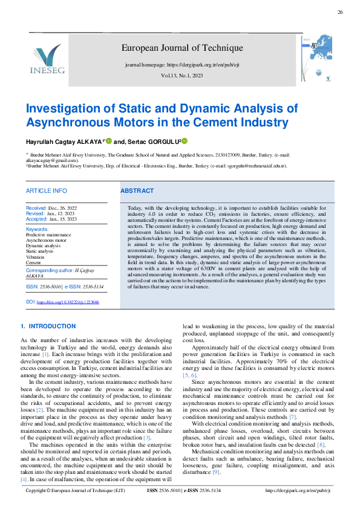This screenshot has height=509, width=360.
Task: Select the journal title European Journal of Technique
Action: pos(182,48)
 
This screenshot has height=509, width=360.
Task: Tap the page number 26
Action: pos(340,12)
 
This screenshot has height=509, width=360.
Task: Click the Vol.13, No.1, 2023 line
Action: pos(182,76)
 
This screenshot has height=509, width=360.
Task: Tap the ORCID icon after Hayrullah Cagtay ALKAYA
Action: pos(110,140)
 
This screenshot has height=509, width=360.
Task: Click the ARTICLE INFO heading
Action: pos(46,191)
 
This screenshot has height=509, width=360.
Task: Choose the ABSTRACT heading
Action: pos(137,191)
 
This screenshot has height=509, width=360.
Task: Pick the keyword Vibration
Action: pos(36,257)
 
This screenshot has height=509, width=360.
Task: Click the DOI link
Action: pos(68,301)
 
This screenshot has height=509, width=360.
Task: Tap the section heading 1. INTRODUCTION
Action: pos(48,326)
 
